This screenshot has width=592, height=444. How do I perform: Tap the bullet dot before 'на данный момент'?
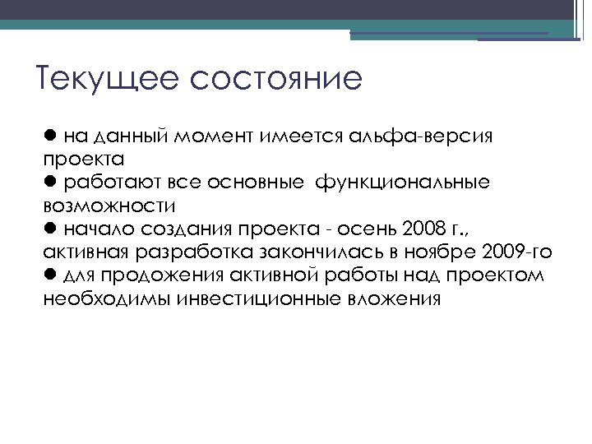50,134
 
